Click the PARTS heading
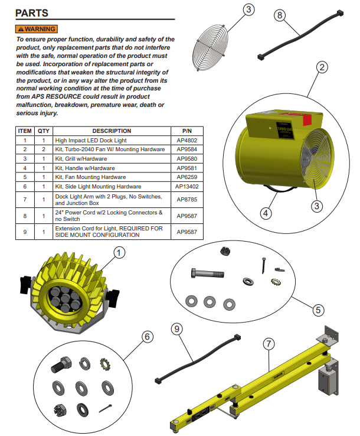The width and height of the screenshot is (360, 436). point(31,13)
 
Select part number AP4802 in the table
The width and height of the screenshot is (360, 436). point(187,141)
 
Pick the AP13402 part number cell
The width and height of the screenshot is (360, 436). point(187,187)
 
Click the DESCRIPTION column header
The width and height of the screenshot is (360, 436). point(112,131)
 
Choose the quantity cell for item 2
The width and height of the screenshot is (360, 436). point(43,149)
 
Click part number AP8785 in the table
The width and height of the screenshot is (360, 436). point(187,200)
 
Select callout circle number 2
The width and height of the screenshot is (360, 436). point(321,67)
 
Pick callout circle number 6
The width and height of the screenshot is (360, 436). point(147,336)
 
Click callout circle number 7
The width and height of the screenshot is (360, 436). point(268,343)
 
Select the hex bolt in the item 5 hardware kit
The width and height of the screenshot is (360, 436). point(207,274)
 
